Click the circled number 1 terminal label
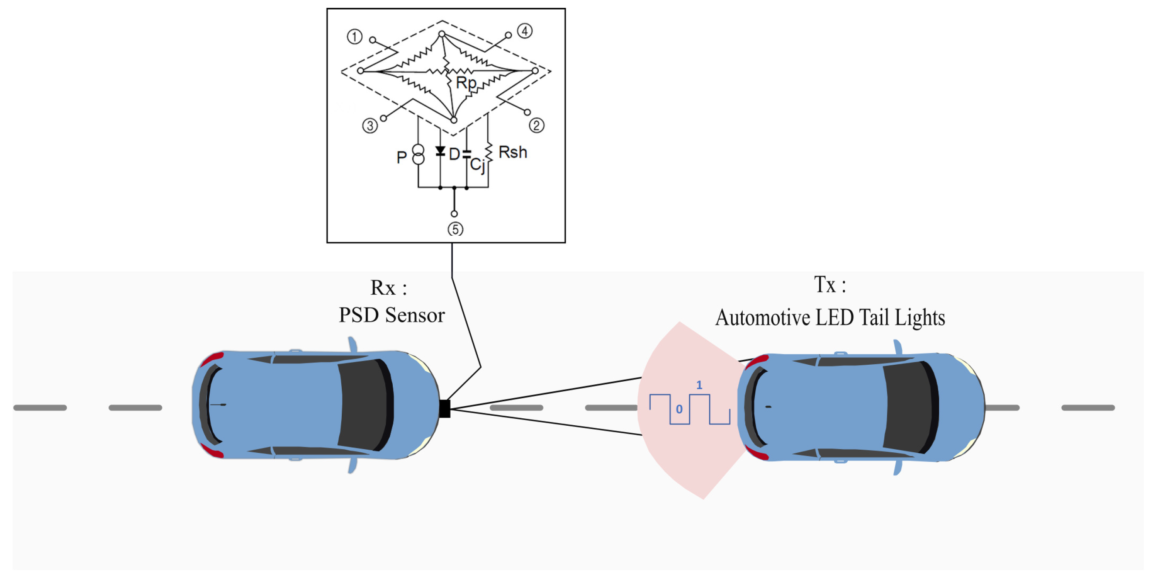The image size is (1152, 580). click(355, 37)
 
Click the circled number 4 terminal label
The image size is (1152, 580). click(525, 31)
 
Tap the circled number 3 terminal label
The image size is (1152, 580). click(370, 126)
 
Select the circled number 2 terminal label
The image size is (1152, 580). click(537, 125)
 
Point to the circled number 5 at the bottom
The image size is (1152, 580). click(455, 229)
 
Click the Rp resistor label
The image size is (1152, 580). click(466, 83)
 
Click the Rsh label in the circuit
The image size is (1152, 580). click(513, 153)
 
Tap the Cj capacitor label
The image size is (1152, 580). click(477, 165)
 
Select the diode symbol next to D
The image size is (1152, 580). click(440, 151)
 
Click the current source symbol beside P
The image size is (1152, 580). click(418, 155)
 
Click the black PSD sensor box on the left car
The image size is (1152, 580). click(445, 409)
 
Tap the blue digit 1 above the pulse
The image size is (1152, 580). click(699, 385)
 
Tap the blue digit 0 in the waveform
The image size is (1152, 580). click(679, 409)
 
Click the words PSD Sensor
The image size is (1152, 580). click(392, 315)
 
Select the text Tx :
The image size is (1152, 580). click(829, 285)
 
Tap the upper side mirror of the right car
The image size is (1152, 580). click(897, 346)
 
